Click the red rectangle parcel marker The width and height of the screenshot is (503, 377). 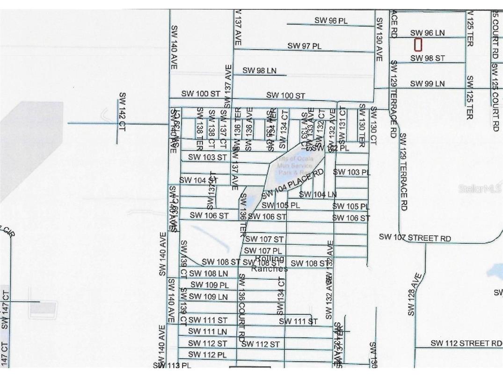tap(418, 45)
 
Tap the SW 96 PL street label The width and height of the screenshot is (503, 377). tap(331, 21)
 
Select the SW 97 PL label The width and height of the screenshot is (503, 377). tap(304, 46)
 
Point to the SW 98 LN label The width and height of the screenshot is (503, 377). tap(259, 71)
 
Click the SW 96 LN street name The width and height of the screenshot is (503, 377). tap(427, 33)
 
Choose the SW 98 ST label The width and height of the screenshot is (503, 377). tap(427, 58)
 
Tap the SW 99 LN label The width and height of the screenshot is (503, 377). tap(427, 84)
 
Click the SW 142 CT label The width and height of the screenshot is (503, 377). tap(122, 112)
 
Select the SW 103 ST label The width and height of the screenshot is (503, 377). tap(207, 157)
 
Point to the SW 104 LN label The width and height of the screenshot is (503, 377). tap(318, 195)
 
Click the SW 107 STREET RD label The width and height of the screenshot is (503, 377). tap(415, 238)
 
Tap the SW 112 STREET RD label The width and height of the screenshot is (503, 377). tap(466, 343)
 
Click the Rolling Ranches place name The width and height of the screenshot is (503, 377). tap(270, 264)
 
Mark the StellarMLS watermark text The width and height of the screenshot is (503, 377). tap(480, 189)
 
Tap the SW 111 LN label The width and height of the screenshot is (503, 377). tap(207, 332)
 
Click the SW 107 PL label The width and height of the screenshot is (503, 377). tap(263, 251)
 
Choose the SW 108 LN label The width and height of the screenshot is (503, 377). tap(209, 273)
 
